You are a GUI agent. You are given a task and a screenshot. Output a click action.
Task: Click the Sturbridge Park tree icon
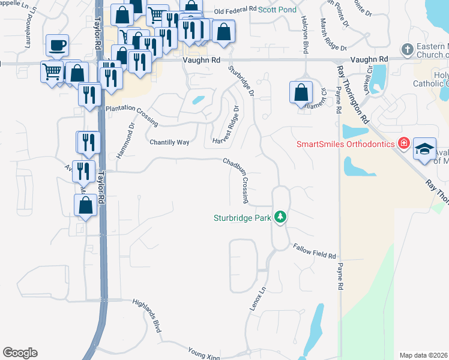click(x=280, y=217)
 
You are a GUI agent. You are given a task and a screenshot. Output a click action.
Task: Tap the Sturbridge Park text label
click(x=243, y=218)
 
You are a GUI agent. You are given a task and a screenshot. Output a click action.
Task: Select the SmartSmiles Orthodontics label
click(x=345, y=144)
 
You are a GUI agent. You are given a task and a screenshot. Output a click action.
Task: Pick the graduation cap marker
click(x=424, y=149)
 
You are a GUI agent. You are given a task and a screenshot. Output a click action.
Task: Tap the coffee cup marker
click(x=57, y=45)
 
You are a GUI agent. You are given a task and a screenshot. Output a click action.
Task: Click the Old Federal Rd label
click(x=235, y=11)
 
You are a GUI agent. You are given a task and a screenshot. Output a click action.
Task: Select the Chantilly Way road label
click(x=169, y=142)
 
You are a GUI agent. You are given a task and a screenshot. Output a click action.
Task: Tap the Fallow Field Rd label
click(x=314, y=251)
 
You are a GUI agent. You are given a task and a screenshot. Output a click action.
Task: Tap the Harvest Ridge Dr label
click(x=226, y=125)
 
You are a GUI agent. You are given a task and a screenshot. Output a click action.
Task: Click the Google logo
click(x=20, y=353)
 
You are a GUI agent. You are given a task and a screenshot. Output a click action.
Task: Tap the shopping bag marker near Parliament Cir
click(x=301, y=92)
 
